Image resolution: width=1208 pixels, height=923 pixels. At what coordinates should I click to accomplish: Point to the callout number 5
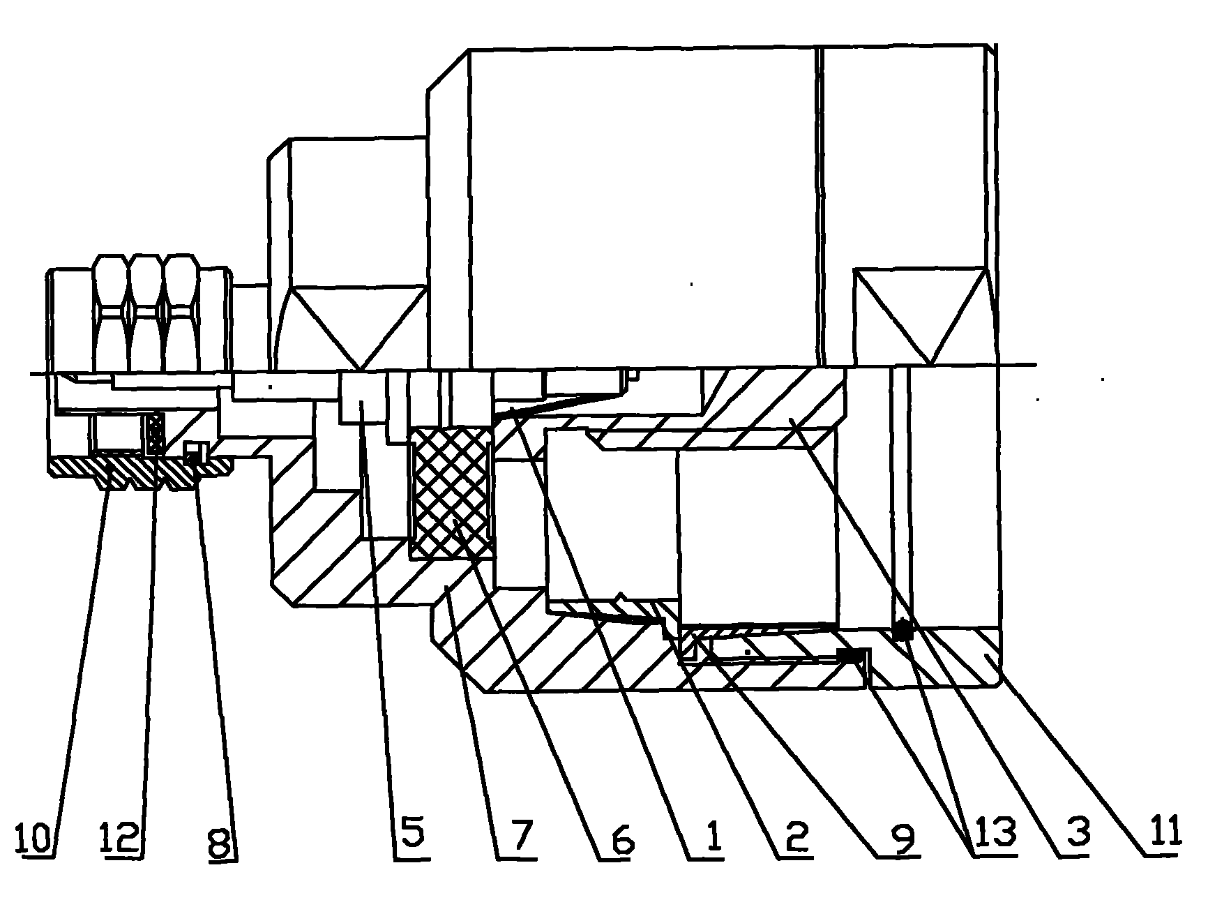pyautogui.click(x=411, y=834)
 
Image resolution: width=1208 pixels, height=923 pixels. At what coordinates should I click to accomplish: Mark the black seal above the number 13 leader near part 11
pyautogui.click(x=903, y=630)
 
